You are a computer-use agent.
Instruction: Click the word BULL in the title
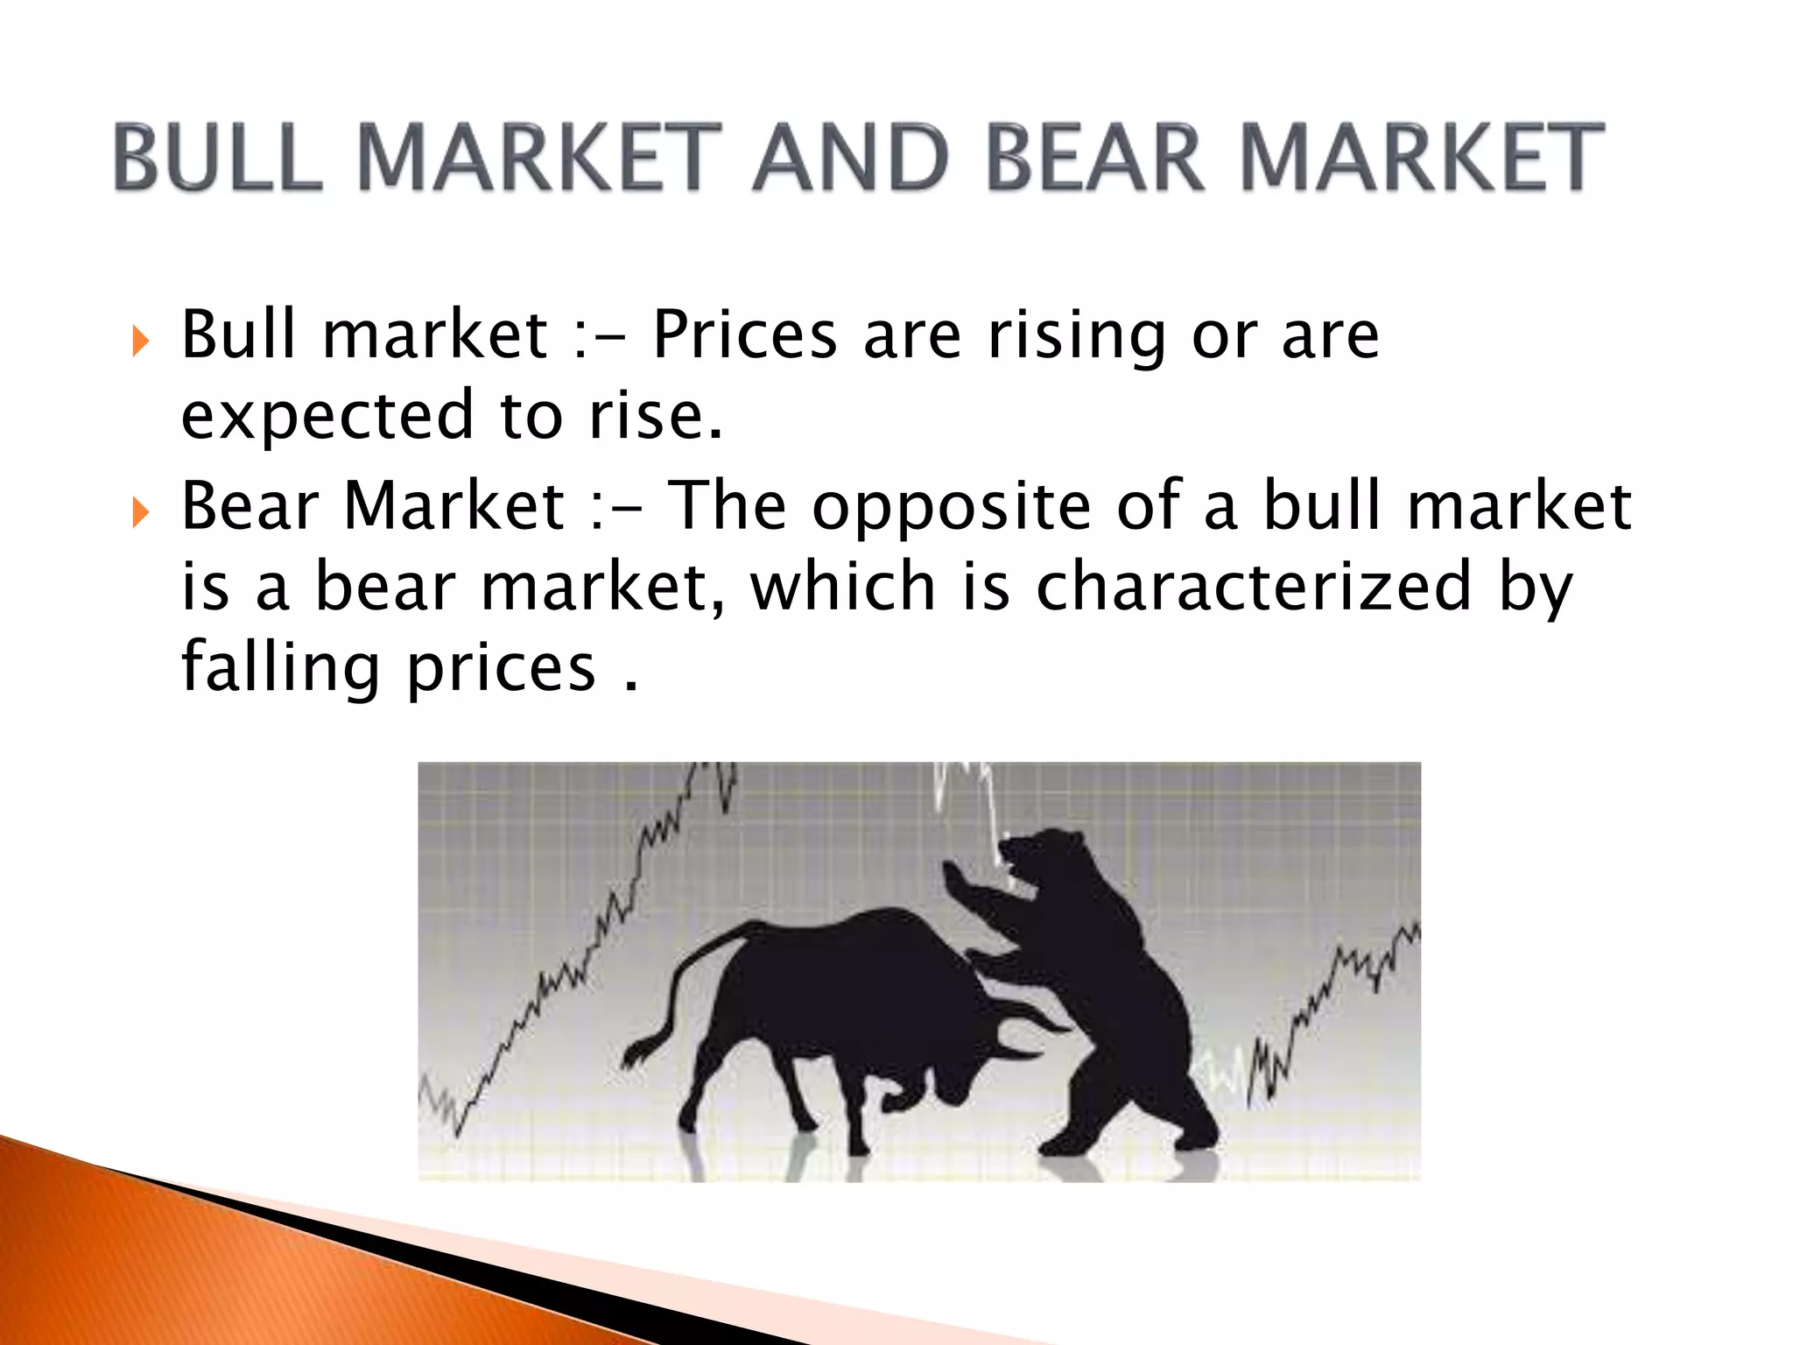point(218,158)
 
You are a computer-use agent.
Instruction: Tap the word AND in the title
point(850,158)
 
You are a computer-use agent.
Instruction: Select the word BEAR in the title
point(1095,158)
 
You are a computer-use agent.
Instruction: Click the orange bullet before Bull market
point(140,340)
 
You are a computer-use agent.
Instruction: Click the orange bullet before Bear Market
point(140,511)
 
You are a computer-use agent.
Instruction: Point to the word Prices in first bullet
point(745,335)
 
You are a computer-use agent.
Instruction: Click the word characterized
point(1253,587)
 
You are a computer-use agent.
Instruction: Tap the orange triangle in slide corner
point(175,1261)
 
